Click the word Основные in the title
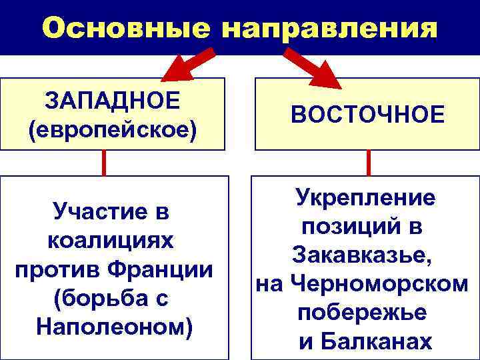[124, 28]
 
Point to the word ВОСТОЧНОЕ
[368, 114]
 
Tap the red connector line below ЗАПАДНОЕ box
[104, 162]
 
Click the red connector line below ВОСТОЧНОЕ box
[368, 162]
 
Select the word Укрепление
[365, 198]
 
